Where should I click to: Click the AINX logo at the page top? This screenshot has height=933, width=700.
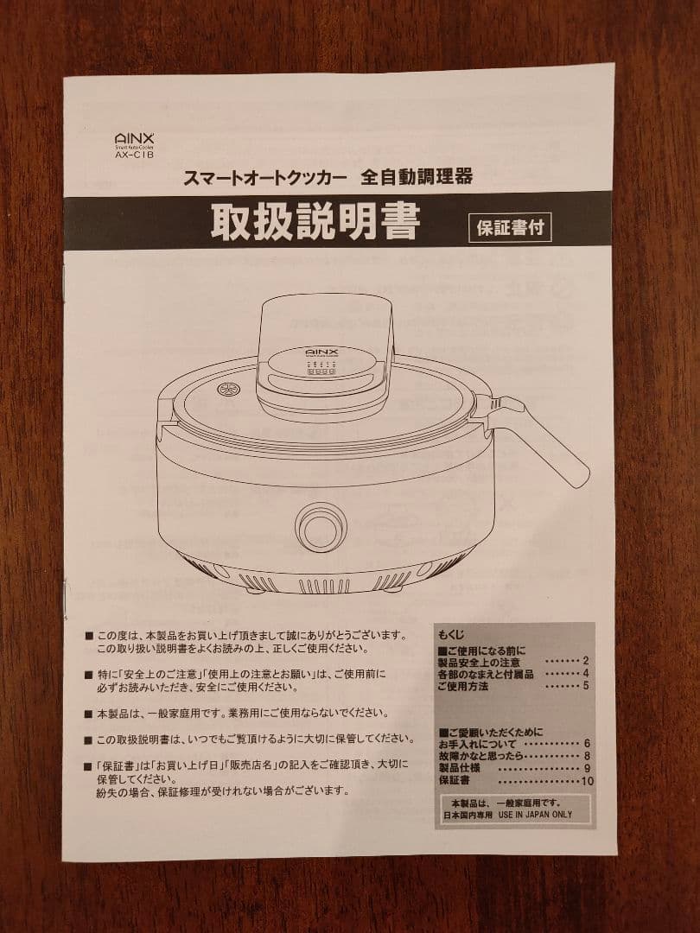pyautogui.click(x=134, y=139)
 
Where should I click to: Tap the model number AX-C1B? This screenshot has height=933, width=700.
pyautogui.click(x=134, y=155)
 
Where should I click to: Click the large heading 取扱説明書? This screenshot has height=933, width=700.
pyautogui.click(x=315, y=223)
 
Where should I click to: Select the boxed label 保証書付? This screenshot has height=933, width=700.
pyautogui.click(x=510, y=227)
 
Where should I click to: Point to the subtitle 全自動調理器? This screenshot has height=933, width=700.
pyautogui.click(x=417, y=177)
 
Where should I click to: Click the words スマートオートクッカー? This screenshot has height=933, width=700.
pyautogui.click(x=265, y=178)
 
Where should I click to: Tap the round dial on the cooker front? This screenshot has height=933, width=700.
pyautogui.click(x=321, y=527)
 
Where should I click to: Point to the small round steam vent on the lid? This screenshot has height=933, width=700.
pyautogui.click(x=227, y=389)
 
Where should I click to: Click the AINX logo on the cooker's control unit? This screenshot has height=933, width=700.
pyautogui.click(x=322, y=352)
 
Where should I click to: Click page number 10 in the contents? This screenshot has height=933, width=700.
pyautogui.click(x=588, y=781)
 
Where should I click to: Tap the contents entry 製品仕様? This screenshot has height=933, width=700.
pyautogui.click(x=460, y=768)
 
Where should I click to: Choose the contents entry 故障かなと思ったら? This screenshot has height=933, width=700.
pyautogui.click(x=481, y=756)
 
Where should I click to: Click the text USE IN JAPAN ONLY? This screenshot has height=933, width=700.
pyautogui.click(x=535, y=815)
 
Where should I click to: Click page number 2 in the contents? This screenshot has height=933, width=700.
pyautogui.click(x=586, y=661)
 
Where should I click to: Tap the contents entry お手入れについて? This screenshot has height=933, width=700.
pyautogui.click(x=477, y=744)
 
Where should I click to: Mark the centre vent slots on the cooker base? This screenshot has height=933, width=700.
pyautogui.click(x=324, y=587)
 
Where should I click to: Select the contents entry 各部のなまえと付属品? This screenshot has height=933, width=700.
pyautogui.click(x=486, y=674)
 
